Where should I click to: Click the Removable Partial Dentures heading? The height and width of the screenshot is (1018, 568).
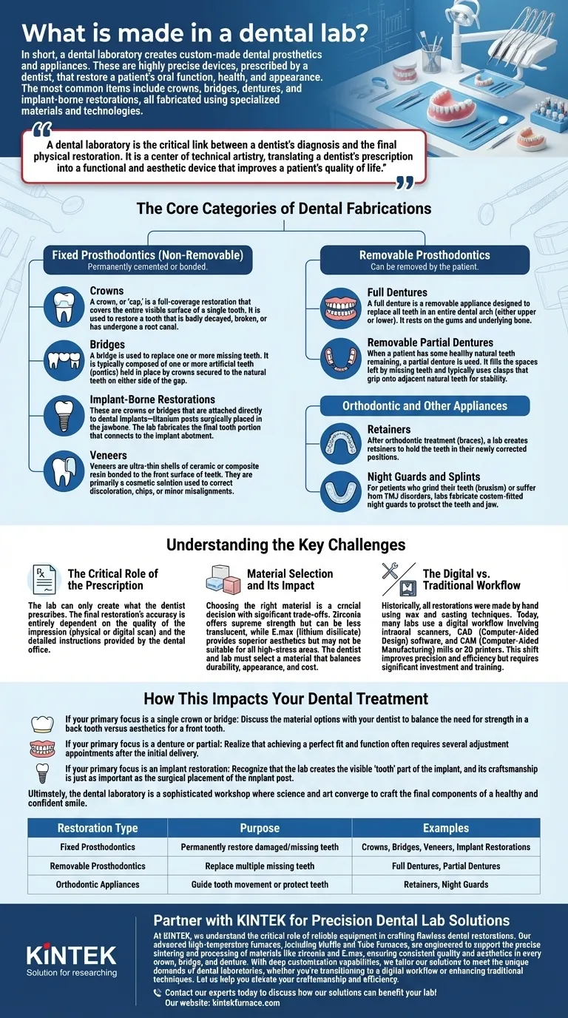430,343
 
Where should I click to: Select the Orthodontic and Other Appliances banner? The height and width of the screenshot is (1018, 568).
425,405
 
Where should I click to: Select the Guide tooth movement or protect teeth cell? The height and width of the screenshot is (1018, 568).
260,884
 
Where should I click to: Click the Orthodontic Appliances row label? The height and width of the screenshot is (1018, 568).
97,884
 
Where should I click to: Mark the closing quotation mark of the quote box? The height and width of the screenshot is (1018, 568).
404,182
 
